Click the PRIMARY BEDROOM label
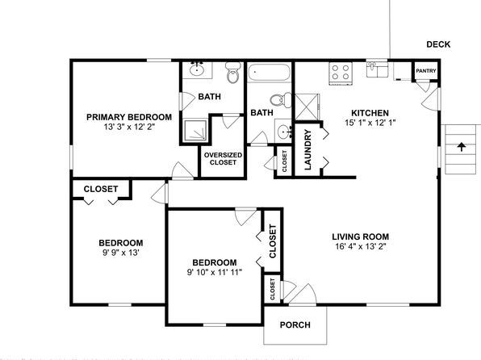pyautogui.click(x=129, y=117)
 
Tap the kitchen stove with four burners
pyautogui.click(x=341, y=73)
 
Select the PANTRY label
pyautogui.click(x=426, y=71)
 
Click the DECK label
pyautogui.click(x=438, y=44)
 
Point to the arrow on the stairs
pyautogui.click(x=461, y=147)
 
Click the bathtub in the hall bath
pyautogui.click(x=269, y=73)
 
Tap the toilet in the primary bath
pyautogui.click(x=233, y=73)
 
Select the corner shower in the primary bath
pyautogui.click(x=194, y=131)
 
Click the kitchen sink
pyautogui.click(x=377, y=69)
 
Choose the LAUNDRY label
pyautogui.click(x=307, y=150)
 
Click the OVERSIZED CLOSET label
pyautogui.click(x=223, y=159)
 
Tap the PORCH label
pyautogui.click(x=295, y=324)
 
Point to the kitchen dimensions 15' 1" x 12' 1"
pyautogui.click(x=370, y=123)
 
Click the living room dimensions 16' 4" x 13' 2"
pyautogui.click(x=361, y=246)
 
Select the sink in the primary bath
pyautogui.click(x=196, y=70)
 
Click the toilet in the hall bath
pyautogui.click(x=281, y=100)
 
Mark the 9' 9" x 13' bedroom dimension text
pyautogui.click(x=121, y=253)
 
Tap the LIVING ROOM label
pyautogui.click(x=361, y=237)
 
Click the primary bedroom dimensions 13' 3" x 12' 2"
pyautogui.click(x=129, y=127)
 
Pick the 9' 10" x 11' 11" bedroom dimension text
pyautogui.click(x=215, y=272)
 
